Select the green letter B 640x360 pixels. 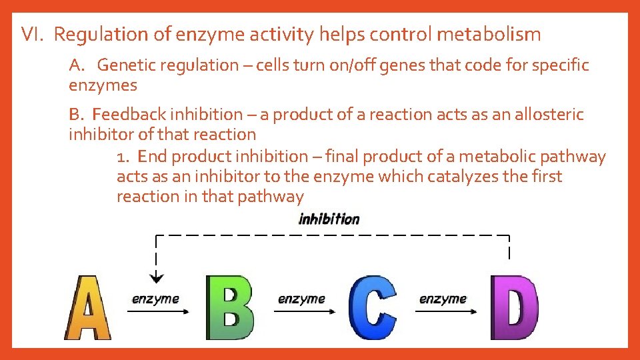coord(230,308)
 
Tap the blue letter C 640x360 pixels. coord(373,308)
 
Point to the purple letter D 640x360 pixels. coord(514,308)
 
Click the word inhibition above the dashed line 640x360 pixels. coord(329,219)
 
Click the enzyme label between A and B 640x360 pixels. coord(155,299)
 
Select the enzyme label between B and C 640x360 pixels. coord(301,299)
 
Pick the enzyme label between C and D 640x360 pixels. coord(443,299)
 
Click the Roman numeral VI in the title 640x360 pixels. coord(31,34)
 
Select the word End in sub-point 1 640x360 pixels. coord(153,157)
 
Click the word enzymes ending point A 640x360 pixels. coord(103,85)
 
